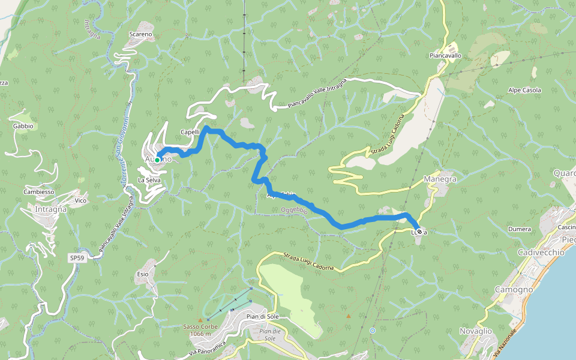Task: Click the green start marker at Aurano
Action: tap(157, 160)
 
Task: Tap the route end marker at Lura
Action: tap(419, 232)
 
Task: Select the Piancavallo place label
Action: tap(445, 55)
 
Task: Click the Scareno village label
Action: tap(141, 35)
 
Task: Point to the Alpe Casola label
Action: tap(524, 91)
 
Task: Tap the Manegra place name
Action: tap(440, 179)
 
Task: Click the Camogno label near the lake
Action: tap(514, 289)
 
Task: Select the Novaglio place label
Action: tap(475, 331)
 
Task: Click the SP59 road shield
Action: tap(76, 258)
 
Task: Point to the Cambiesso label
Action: tap(39, 192)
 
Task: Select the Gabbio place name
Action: tap(23, 127)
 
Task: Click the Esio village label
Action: tap(142, 274)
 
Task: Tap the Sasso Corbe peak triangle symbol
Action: tap(200, 320)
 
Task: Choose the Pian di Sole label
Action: tap(265, 316)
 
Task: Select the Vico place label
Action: tap(81, 200)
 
